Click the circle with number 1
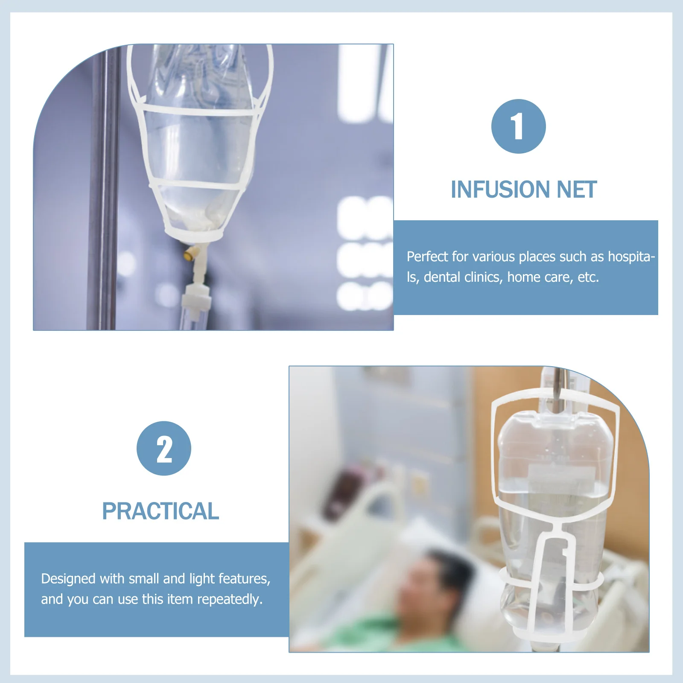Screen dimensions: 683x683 [x=518, y=126]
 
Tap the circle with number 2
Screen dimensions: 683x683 [x=164, y=448]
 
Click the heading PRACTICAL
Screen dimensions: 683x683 [x=161, y=511]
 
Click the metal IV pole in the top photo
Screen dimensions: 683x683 [x=102, y=192]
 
